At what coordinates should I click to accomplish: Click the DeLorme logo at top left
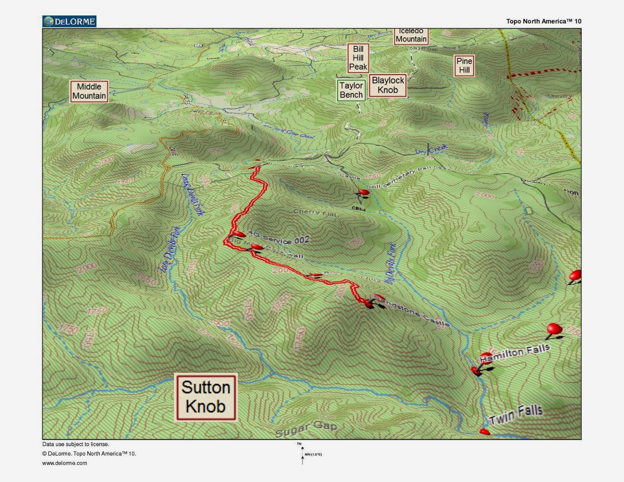coord(69,21)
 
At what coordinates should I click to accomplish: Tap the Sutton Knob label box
coord(206,397)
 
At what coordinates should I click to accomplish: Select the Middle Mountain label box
coord(89,91)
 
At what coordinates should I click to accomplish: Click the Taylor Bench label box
coord(351,90)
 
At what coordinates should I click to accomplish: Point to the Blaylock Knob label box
coord(388,85)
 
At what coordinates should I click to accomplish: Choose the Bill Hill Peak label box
coord(358,58)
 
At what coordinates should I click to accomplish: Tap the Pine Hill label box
coord(464,66)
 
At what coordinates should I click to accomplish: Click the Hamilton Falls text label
coord(515,353)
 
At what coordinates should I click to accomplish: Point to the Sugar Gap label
coord(306,429)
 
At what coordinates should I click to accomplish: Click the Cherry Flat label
coord(315,212)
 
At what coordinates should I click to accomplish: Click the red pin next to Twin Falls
coord(484,431)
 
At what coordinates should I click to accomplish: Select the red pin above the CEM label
coord(363,192)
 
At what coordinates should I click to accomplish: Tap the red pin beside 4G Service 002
coord(238,234)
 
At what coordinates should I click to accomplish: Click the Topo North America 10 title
coord(543,21)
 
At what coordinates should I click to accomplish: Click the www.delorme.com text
coord(65,463)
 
